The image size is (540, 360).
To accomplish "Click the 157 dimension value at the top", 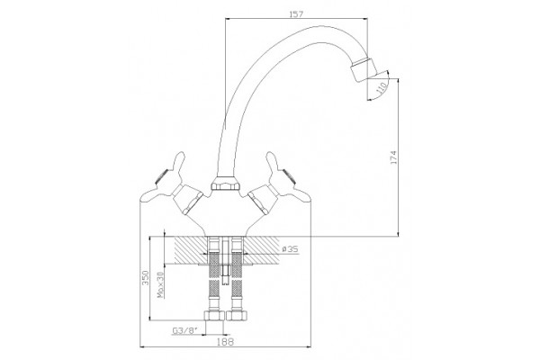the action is pyautogui.click(x=296, y=13).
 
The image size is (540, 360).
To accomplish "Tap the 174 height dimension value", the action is pyautogui.click(x=393, y=157).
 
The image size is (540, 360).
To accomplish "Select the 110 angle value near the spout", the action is pyautogui.click(x=381, y=89).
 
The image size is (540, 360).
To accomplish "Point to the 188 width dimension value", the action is pyautogui.click(x=226, y=342).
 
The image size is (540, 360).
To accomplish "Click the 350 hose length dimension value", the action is pyautogui.click(x=145, y=278).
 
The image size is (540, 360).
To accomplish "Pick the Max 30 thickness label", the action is pyautogui.click(x=160, y=285).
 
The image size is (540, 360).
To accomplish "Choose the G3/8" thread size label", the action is pyautogui.click(x=184, y=331).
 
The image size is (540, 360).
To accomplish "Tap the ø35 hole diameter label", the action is pyautogui.click(x=290, y=249).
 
